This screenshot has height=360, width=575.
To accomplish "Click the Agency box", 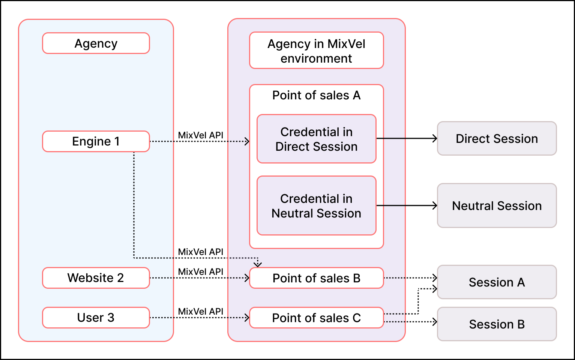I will point(96,43).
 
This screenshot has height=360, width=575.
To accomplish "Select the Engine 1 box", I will point(96,141).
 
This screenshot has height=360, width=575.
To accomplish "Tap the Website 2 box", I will point(96,278).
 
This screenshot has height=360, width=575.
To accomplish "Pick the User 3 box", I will point(96,318).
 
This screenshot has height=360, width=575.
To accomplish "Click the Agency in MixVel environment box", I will point(316,51).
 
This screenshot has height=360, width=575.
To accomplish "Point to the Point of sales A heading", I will point(316,95).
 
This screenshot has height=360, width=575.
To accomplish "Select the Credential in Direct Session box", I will point(316,139).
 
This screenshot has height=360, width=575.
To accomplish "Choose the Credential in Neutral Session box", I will point(316,206).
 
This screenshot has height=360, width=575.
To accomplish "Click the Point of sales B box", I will point(316,278).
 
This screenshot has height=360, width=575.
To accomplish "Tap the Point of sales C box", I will point(316,318).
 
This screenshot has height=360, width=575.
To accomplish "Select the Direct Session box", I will point(497,138).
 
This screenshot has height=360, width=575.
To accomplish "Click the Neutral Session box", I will point(497,205).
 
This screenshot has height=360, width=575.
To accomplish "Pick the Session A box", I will point(497,282).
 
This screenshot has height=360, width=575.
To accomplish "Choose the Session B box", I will point(497,324).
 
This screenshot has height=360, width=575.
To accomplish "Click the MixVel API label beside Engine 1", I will point(200,135).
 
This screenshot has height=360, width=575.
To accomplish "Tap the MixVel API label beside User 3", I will point(200,312).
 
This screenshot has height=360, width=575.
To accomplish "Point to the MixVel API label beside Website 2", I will point(200,272).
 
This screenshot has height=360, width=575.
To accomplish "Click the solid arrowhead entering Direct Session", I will point(435,138).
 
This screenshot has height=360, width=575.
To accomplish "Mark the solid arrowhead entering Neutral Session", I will point(435,205).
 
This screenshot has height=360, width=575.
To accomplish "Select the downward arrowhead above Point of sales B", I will point(258,264).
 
